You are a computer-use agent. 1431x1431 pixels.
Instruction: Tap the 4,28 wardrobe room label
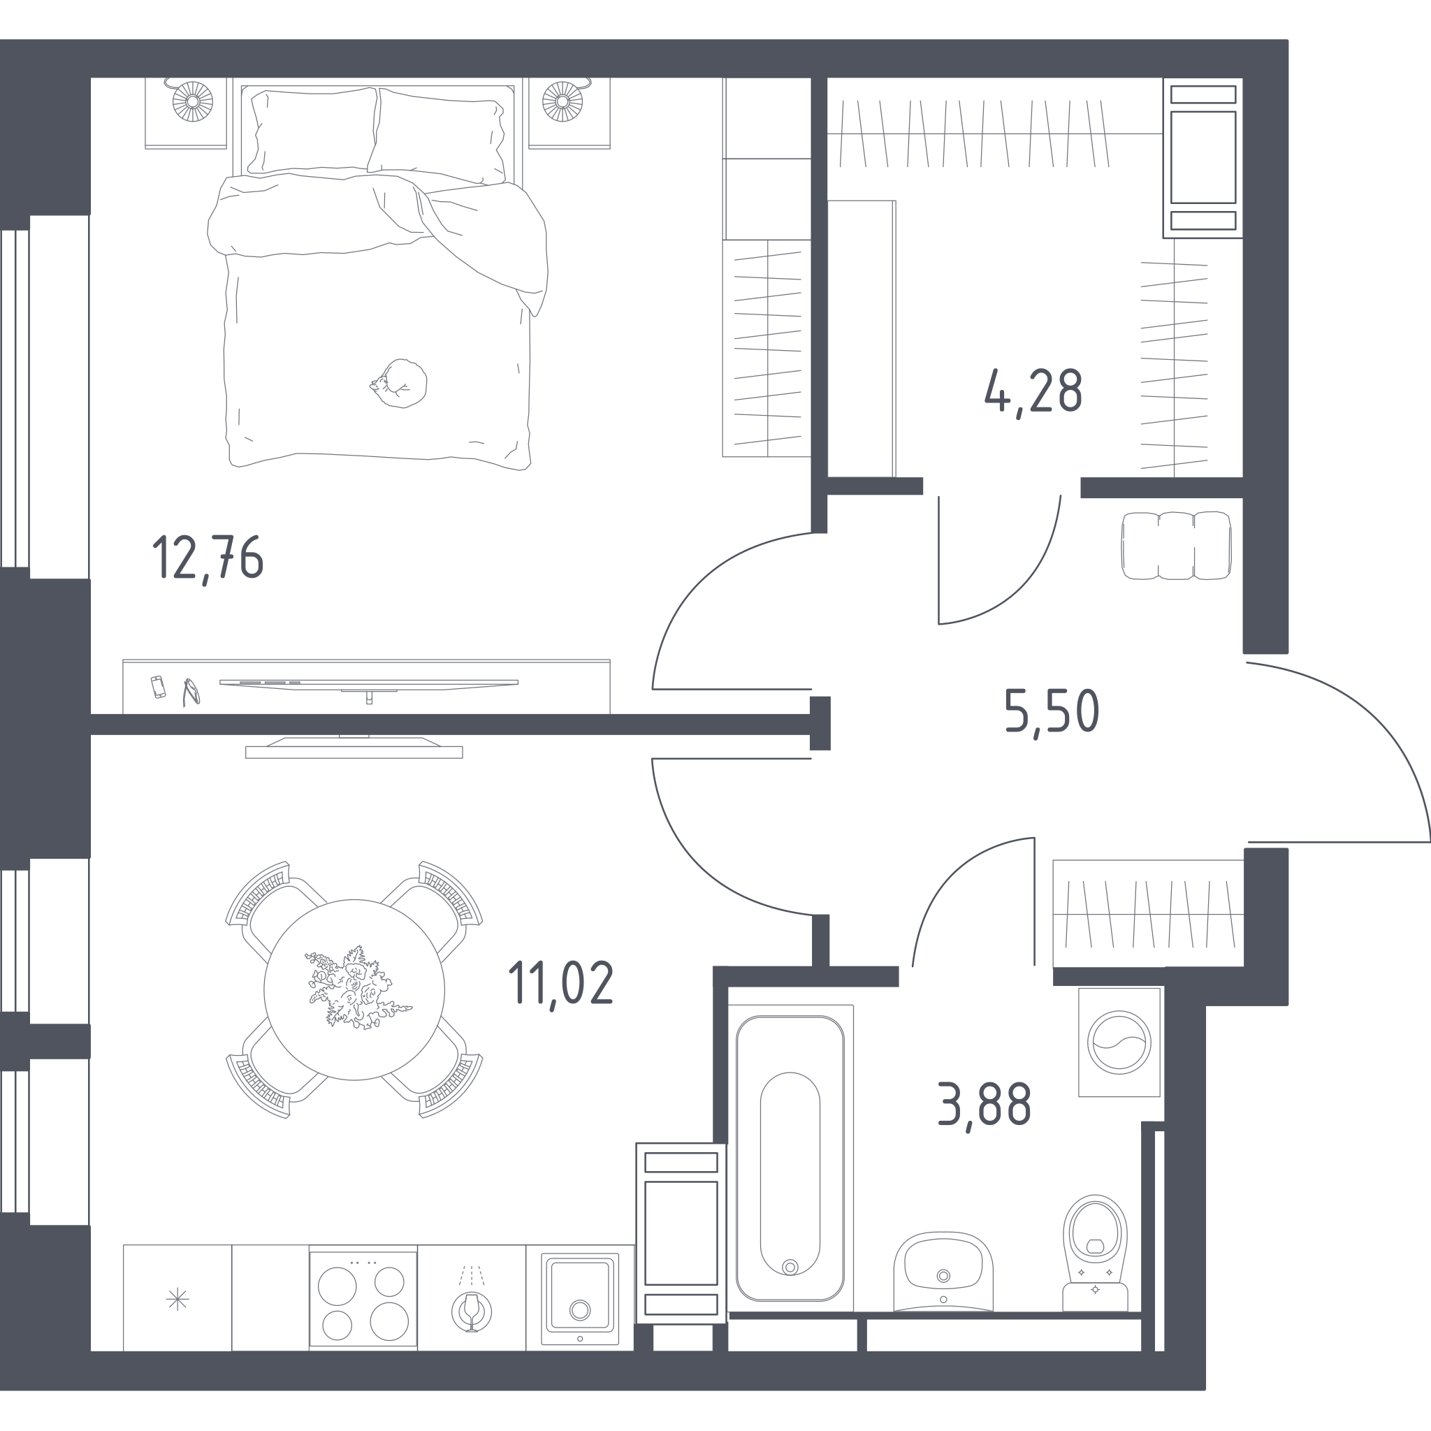click(1033, 393)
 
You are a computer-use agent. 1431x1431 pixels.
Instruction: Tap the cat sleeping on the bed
click(399, 383)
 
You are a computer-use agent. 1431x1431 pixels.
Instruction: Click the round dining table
click(354, 989)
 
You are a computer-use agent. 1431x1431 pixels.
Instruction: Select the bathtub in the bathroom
click(790, 1158)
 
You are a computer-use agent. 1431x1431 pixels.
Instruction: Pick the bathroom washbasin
click(943, 1271)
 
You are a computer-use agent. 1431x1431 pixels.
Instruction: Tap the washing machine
click(1119, 1042)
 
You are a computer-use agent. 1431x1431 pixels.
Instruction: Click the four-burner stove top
click(363, 1299)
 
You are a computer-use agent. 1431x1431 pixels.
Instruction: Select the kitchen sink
click(580, 1299)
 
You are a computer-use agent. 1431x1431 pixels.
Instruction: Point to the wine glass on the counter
click(471, 1311)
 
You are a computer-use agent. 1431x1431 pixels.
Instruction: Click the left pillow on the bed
click(313, 131)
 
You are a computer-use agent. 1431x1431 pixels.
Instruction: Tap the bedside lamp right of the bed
click(563, 101)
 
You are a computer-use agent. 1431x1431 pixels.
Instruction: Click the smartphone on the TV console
click(158, 687)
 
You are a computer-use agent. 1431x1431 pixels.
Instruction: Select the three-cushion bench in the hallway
click(1176, 545)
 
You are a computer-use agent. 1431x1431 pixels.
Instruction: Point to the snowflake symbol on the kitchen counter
click(177, 1299)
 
